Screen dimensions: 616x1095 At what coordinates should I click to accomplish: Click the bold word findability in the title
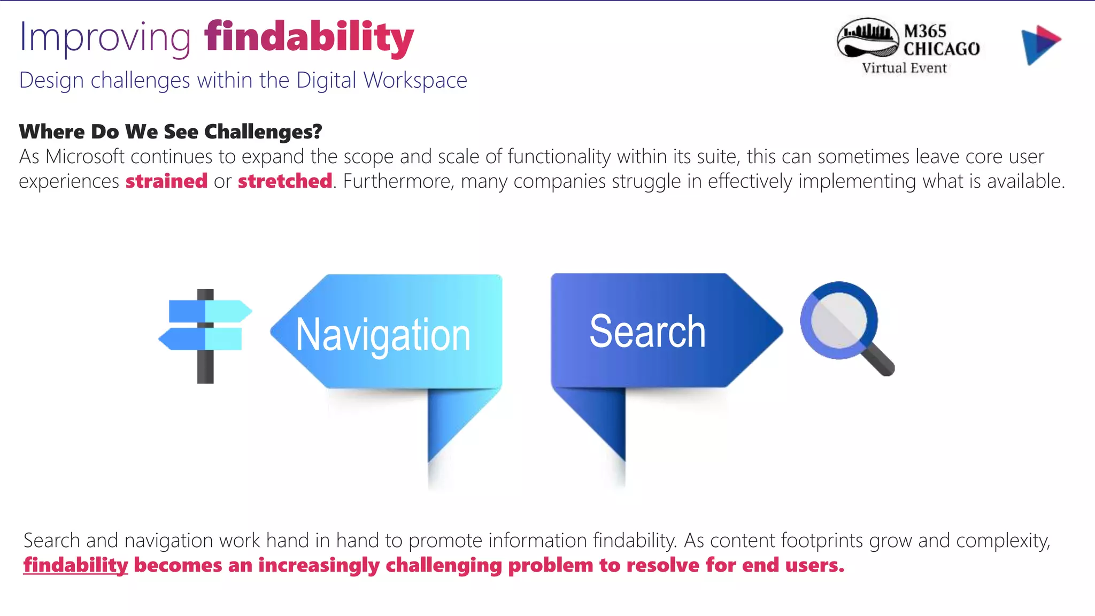pos(309,37)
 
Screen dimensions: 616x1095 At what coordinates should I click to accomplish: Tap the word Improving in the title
pos(105,37)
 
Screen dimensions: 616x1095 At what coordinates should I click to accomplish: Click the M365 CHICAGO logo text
pos(941,40)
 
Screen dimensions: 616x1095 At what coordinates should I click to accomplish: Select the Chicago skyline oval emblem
pos(868,38)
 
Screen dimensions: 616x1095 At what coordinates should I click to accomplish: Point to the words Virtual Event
pos(904,68)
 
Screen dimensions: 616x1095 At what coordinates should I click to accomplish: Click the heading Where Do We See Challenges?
pos(171,132)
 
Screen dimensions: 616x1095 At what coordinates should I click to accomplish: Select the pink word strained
pos(166,181)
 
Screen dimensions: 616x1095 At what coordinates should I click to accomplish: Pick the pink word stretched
pos(285,181)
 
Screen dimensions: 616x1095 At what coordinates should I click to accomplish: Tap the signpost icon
pos(205,336)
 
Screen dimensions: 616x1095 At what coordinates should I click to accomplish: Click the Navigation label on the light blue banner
pos(383,335)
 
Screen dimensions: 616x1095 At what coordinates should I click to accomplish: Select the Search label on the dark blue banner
pos(647,332)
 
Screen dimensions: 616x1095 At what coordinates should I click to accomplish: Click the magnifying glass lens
pos(838,320)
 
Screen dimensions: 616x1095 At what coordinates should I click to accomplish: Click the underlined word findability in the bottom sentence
pos(76,565)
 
